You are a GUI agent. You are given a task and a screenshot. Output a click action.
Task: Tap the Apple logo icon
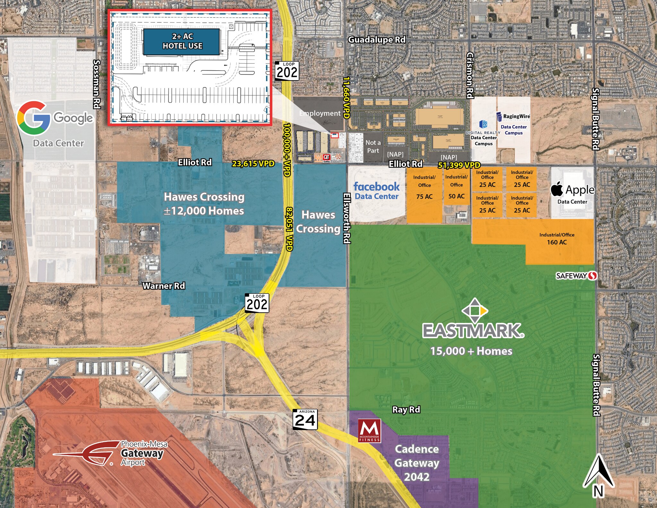coord(557,189)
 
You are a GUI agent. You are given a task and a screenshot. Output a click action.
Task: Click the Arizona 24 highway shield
coord(305,419)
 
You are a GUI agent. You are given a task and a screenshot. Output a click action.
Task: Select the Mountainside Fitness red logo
coord(369,431)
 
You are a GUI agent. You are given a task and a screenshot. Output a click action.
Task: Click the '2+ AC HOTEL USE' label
coord(182,41)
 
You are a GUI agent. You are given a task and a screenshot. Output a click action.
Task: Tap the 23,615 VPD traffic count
coord(253,164)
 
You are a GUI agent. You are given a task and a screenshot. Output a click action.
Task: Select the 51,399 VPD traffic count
coord(459,165)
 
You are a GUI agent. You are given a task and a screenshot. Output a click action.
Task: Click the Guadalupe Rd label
coord(377,39)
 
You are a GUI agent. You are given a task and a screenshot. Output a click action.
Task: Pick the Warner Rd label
coord(164,286)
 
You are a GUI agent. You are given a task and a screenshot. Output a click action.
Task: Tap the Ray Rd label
coord(406,409)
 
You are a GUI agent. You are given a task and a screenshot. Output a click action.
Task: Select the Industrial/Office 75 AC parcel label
coord(424,187)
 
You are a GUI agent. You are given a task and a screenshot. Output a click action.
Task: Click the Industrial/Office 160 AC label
coord(557,238)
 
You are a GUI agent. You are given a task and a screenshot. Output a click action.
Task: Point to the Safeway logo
coord(576,276)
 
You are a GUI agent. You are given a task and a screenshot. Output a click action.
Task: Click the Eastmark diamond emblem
coord(474,310)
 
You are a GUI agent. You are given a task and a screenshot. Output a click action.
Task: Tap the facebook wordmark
coord(376,186)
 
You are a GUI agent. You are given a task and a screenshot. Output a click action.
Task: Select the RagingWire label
coord(513,116)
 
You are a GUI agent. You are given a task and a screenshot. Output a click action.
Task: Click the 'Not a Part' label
coord(373,147)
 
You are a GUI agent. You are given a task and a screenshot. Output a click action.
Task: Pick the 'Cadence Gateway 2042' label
coord(416,463)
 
